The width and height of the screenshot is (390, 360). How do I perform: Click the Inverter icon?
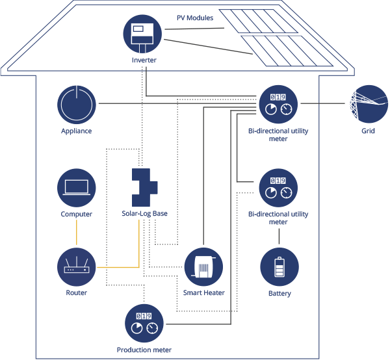[x=142, y=34]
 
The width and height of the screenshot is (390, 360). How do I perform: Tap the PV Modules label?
[x=195, y=18]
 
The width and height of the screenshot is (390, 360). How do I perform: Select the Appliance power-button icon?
[x=77, y=105]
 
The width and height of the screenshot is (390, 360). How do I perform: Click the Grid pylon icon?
[x=369, y=104]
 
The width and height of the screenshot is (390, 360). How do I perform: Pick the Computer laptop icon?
[x=77, y=188]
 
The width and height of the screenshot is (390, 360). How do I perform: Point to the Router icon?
[x=77, y=267]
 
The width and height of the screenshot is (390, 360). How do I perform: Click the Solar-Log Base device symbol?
[x=144, y=187]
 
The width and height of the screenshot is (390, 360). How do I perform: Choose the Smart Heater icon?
[x=203, y=267]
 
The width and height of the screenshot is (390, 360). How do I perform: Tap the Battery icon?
[x=279, y=267]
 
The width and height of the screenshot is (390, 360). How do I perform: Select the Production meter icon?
[x=144, y=323]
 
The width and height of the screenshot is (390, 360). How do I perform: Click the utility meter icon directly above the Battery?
[x=278, y=188]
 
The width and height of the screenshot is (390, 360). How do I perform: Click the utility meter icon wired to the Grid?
[x=278, y=104]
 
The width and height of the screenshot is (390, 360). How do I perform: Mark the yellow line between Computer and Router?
[x=76, y=233]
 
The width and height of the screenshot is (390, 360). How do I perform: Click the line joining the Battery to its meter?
[x=279, y=236]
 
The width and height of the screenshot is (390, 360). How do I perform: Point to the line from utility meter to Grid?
[x=323, y=103]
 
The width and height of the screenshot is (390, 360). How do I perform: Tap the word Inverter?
[x=144, y=60]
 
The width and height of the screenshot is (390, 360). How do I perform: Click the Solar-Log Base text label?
[x=144, y=214]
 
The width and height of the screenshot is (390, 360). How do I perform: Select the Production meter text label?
[x=144, y=350]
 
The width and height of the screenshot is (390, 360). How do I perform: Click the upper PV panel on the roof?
[x=258, y=21]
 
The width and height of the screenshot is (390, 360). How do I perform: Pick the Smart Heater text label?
[x=203, y=292]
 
